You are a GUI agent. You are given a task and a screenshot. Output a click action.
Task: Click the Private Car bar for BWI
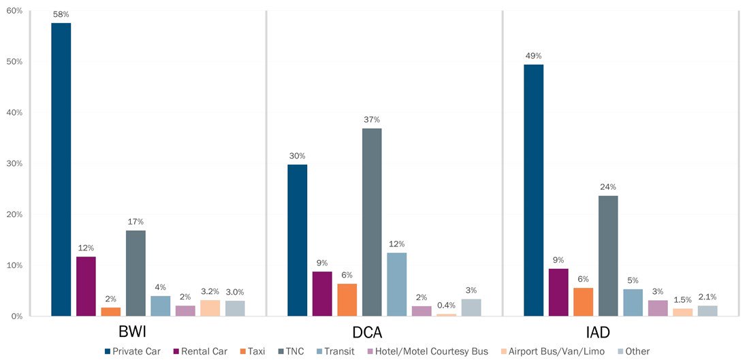point(61,169)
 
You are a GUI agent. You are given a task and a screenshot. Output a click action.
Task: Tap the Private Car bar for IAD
point(533,190)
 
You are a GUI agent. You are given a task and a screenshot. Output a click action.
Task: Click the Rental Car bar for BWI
point(86,286)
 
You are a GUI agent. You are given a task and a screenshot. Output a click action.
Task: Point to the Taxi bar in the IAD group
point(583,302)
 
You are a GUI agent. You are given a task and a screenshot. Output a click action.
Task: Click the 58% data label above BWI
point(61,14)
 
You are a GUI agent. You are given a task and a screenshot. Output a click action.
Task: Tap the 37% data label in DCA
point(372,120)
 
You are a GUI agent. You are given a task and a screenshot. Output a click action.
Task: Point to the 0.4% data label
point(446,305)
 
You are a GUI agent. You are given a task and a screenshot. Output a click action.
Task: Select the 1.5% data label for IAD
point(683,299)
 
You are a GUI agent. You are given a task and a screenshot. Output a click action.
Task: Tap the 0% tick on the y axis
point(16,316)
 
